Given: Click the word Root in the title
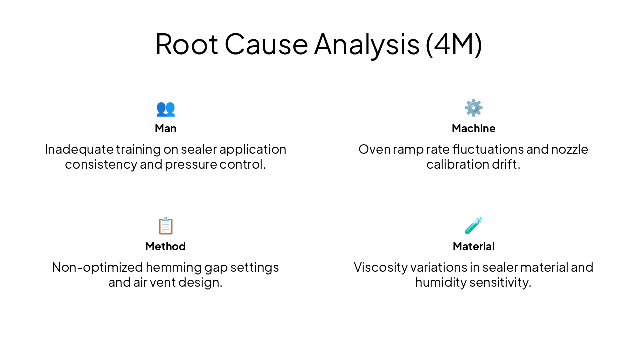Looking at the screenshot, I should [x=186, y=44].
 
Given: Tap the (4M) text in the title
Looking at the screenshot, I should [x=454, y=44].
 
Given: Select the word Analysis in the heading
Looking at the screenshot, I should [x=366, y=44].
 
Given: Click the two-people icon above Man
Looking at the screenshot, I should [x=165, y=108].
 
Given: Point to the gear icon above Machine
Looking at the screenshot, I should [x=473, y=108].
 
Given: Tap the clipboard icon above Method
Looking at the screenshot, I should [x=165, y=226].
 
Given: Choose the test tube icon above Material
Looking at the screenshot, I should [x=473, y=226].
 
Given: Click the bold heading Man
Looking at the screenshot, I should [x=165, y=128].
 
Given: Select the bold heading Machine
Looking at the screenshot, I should [x=473, y=128].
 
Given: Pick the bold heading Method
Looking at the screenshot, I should [x=165, y=246].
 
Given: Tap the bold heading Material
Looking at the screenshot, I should [x=473, y=246].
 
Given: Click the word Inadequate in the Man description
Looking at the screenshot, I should [x=79, y=149].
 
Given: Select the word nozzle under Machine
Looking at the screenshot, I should [x=570, y=149].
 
